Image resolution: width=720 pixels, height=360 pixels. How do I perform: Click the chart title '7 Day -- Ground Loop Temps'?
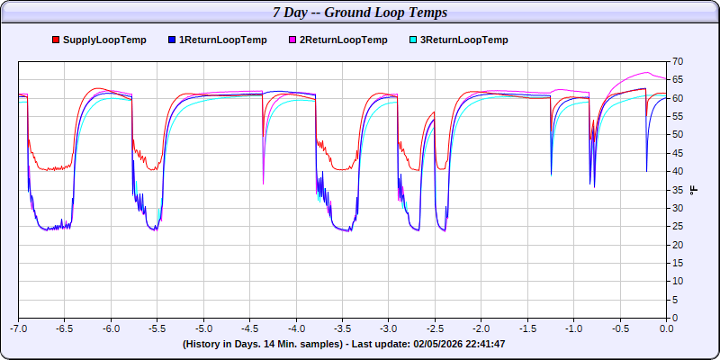pyautogui.click(x=360, y=13)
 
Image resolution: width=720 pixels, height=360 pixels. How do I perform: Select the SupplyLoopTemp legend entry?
pyautogui.click(x=104, y=40)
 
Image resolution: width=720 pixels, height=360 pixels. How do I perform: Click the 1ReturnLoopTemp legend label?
pyautogui.click(x=223, y=40)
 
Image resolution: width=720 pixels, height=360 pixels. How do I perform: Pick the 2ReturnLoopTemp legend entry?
pyautogui.click(x=343, y=40)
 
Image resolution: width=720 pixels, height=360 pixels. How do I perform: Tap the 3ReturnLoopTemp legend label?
pyautogui.click(x=463, y=40)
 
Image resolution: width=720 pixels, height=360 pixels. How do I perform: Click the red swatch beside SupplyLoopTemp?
pyautogui.click(x=56, y=40)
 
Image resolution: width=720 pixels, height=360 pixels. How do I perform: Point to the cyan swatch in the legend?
pyautogui.click(x=413, y=40)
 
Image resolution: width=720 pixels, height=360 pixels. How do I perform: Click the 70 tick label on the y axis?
pyautogui.click(x=678, y=61)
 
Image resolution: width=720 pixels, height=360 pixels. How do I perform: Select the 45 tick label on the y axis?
pyautogui.click(x=678, y=153)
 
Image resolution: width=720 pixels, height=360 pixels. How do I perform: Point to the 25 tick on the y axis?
pyautogui.click(x=678, y=245)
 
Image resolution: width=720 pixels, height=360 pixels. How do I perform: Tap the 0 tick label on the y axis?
pyautogui.click(x=675, y=318)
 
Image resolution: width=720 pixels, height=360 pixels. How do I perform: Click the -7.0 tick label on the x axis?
pyautogui.click(x=19, y=329)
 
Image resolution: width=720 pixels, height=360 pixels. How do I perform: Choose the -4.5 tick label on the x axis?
pyautogui.click(x=250, y=329)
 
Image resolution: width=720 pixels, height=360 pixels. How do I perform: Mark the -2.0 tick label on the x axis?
pyautogui.click(x=481, y=329)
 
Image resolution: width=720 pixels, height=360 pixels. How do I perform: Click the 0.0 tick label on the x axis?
pyautogui.click(x=666, y=329)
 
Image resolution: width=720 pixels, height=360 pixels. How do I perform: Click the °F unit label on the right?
pyautogui.click(x=693, y=190)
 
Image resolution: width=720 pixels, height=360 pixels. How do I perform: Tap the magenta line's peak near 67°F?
pyautogui.click(x=646, y=73)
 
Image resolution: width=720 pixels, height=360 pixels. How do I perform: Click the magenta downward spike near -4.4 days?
pyautogui.click(x=263, y=183)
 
